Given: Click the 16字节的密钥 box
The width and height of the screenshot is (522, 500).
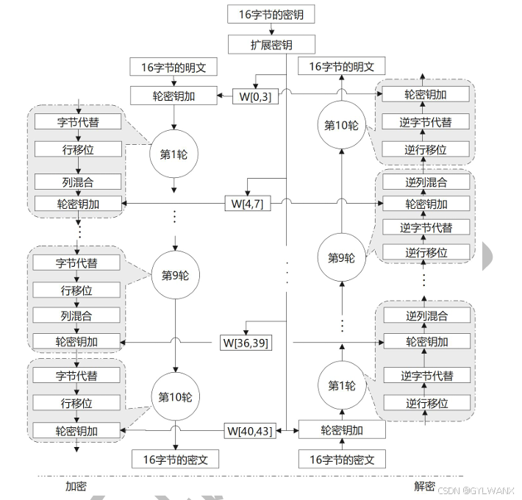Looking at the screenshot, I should (x=271, y=15).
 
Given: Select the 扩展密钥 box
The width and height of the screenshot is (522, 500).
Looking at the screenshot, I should (x=271, y=44).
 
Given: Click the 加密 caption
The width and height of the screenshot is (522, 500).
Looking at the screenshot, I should (x=76, y=486).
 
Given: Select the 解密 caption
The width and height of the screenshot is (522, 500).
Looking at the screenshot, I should (x=424, y=486).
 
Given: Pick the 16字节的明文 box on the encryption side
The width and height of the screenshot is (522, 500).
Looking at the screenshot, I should (x=174, y=68).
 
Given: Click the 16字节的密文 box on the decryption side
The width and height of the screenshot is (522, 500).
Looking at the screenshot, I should (x=342, y=460).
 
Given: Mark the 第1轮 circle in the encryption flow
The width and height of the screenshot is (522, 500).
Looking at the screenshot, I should (x=176, y=154).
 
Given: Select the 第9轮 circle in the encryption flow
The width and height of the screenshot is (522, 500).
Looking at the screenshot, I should (x=176, y=276).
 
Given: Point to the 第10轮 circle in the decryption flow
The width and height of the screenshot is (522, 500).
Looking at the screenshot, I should (x=341, y=125).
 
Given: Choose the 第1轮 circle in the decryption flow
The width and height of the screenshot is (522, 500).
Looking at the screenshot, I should (x=341, y=386).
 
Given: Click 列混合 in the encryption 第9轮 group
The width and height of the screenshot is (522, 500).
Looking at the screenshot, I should (x=76, y=315).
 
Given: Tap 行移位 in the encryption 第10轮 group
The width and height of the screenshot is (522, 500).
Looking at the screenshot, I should (x=76, y=403).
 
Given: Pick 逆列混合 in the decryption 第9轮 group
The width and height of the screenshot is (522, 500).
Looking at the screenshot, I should (x=426, y=182).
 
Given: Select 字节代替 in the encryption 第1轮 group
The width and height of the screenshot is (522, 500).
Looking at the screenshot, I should (x=76, y=122).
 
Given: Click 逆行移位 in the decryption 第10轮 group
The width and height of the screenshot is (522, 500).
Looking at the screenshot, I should (x=426, y=150).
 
